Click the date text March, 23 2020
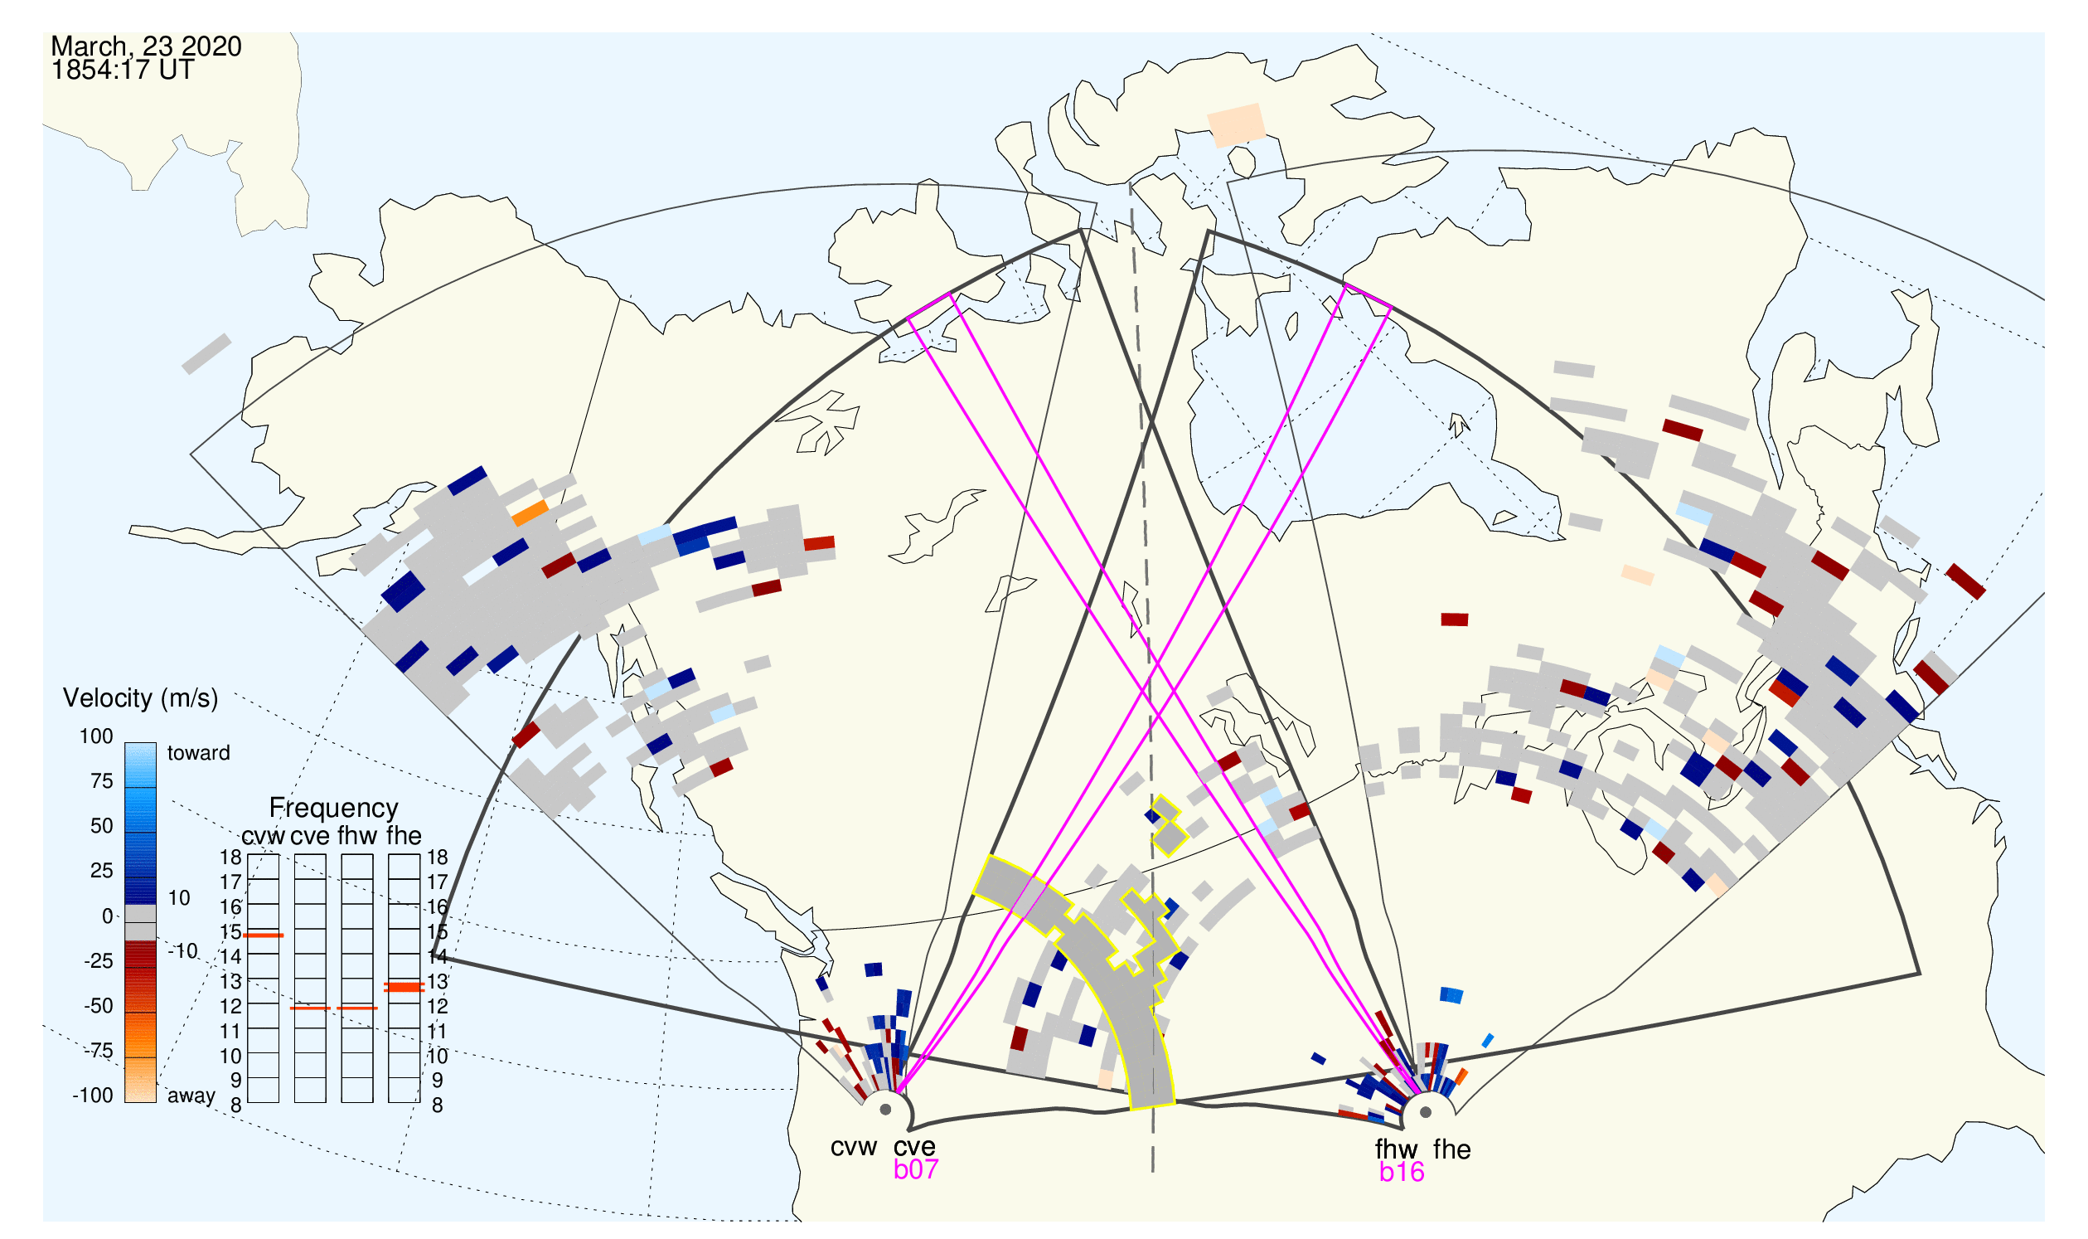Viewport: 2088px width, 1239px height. pyautogui.click(x=146, y=46)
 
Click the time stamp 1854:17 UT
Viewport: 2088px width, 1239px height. pyautogui.click(x=123, y=70)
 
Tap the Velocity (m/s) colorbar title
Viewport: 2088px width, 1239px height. pyautogui.click(x=141, y=699)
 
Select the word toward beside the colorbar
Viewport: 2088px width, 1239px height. pyautogui.click(x=199, y=753)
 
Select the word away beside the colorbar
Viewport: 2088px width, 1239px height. pyautogui.click(x=191, y=1096)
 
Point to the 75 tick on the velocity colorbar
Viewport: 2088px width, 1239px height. pyautogui.click(x=102, y=781)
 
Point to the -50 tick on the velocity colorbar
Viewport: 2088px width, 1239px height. pyautogui.click(x=99, y=1006)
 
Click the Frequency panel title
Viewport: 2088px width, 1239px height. pyautogui.click(x=334, y=809)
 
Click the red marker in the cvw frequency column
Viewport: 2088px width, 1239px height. pyautogui.click(x=264, y=936)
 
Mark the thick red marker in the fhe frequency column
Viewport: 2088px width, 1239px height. pyautogui.click(x=405, y=987)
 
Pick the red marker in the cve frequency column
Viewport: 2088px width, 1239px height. pyautogui.click(x=311, y=1008)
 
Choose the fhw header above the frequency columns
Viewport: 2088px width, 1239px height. pyautogui.click(x=357, y=836)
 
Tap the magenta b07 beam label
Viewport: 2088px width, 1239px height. pyautogui.click(x=916, y=1169)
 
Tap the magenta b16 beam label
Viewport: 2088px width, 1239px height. pyautogui.click(x=1402, y=1173)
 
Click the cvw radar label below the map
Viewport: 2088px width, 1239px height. pyautogui.click(x=854, y=1148)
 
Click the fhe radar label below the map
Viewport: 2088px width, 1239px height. pyautogui.click(x=1452, y=1149)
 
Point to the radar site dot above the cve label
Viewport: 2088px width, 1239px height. pyautogui.click(x=886, y=1110)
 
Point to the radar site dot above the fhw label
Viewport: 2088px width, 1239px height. pyautogui.click(x=1427, y=1112)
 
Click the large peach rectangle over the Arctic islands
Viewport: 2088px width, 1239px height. pyautogui.click(x=1237, y=125)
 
